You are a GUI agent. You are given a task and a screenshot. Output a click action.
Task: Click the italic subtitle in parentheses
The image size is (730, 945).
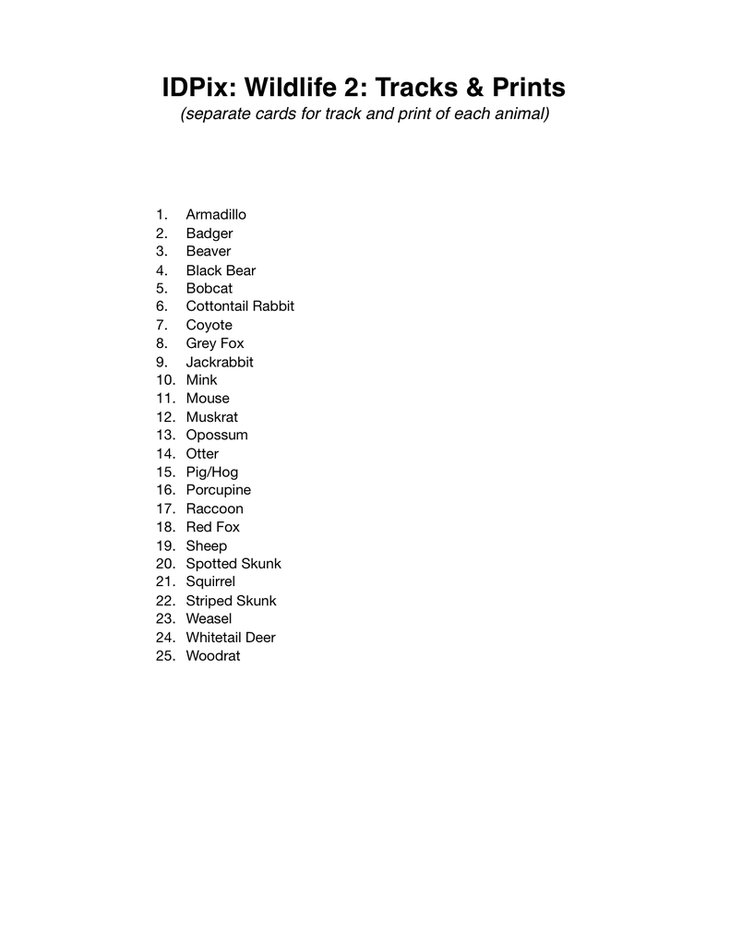click(365, 115)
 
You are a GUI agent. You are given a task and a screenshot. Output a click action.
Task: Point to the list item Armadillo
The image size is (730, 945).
click(216, 215)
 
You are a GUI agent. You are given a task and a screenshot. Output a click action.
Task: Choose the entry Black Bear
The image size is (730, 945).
click(221, 270)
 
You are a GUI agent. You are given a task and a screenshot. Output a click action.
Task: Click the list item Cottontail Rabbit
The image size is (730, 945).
click(240, 306)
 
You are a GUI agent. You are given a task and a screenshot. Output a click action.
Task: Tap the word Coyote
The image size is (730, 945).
click(209, 325)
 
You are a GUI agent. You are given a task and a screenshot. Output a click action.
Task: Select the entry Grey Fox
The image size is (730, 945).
click(215, 343)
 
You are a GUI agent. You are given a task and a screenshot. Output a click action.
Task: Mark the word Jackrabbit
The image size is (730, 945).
click(220, 362)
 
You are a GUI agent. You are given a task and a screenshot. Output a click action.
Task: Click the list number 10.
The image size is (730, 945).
click(166, 380)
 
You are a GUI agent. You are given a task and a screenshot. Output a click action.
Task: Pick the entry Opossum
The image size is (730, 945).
click(217, 435)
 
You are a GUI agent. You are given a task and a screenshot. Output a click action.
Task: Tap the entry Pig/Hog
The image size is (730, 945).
click(212, 472)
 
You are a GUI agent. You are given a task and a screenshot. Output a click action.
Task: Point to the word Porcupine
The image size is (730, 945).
click(218, 490)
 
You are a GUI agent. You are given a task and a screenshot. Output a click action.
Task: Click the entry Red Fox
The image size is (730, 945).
click(212, 527)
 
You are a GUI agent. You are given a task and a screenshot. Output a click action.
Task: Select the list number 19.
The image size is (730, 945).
click(166, 545)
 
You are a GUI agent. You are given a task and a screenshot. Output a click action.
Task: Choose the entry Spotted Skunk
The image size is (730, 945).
click(233, 564)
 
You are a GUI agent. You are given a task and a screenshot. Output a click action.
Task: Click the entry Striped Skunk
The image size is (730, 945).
click(231, 601)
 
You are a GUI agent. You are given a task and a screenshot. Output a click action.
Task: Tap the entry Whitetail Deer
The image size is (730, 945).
click(231, 638)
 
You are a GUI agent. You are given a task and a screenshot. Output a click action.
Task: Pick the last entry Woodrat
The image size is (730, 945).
click(213, 656)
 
